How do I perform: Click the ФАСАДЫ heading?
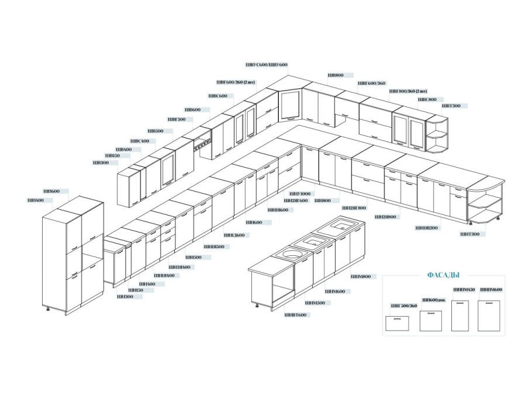[x=443, y=275]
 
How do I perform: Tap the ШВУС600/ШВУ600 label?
[x=267, y=64]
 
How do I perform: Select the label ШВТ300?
[x=451, y=106]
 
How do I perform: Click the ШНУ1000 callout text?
[x=300, y=193]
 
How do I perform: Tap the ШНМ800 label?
[x=361, y=276]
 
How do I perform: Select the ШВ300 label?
[x=101, y=163]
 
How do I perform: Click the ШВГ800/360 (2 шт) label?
[x=408, y=91]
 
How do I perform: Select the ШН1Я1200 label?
[x=427, y=228]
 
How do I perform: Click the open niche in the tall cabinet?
[x=92, y=252]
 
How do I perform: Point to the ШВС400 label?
[x=139, y=141]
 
